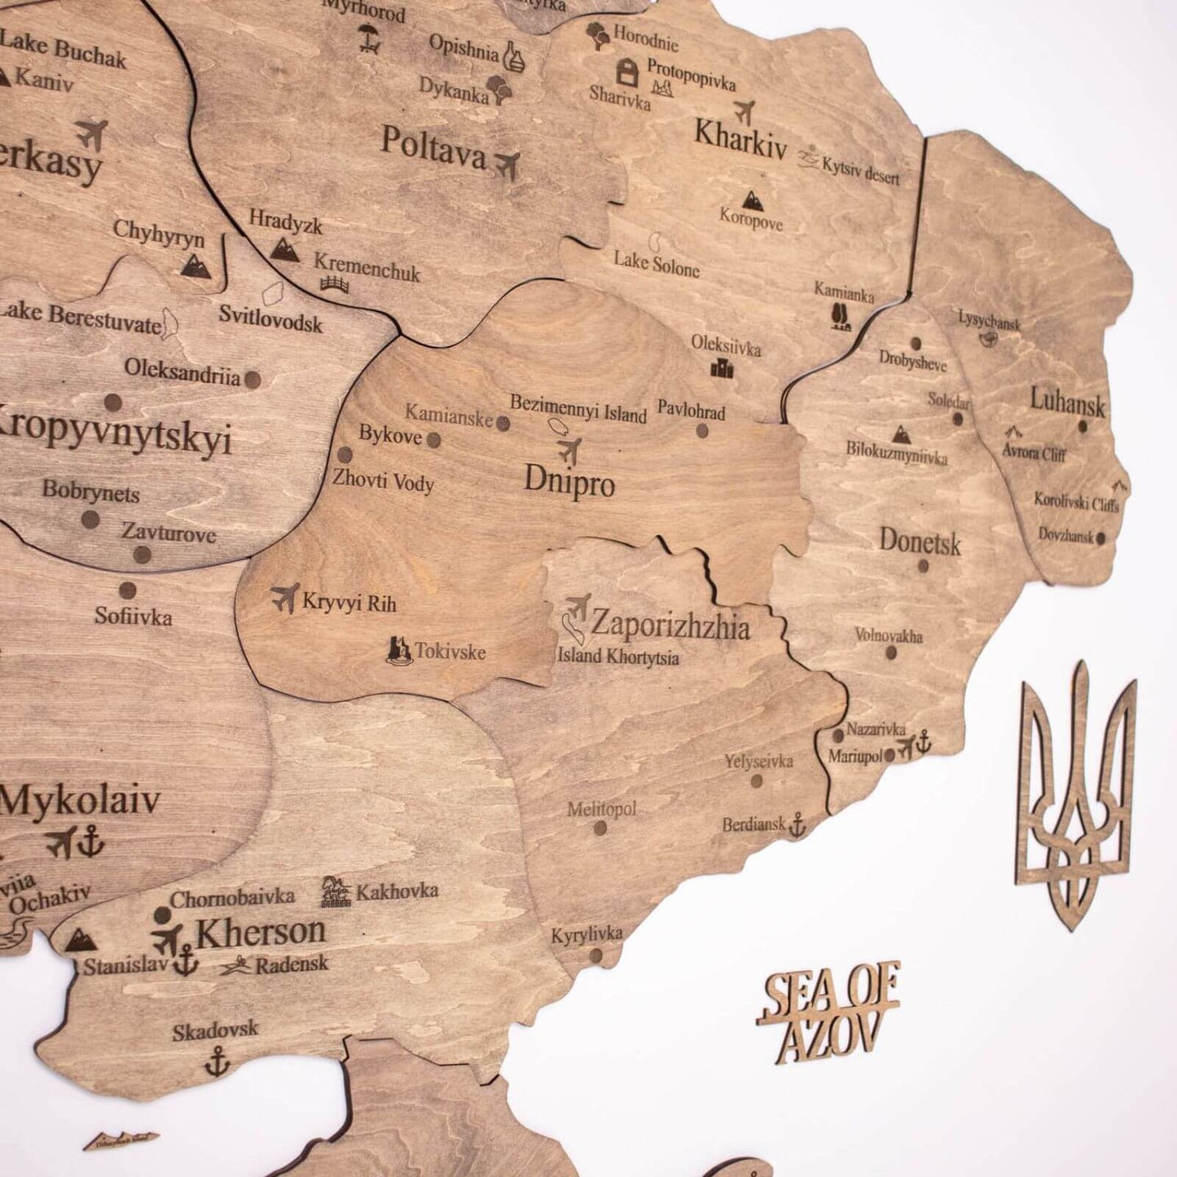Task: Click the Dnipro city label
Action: (x=569, y=482)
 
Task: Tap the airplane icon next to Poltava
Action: (x=507, y=165)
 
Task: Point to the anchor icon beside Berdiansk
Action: (x=797, y=824)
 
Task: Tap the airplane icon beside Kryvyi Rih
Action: (x=285, y=599)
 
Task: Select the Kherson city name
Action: (x=260, y=931)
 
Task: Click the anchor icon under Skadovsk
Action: (x=216, y=1061)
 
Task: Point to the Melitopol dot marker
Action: (x=600, y=828)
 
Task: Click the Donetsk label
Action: (x=920, y=542)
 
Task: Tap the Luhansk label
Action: (x=1067, y=402)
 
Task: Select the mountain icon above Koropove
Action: (x=752, y=199)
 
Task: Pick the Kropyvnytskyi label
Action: (x=114, y=437)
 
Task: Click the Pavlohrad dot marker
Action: (x=702, y=431)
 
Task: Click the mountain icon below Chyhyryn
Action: (x=195, y=264)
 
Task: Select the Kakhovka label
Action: (x=397, y=891)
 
